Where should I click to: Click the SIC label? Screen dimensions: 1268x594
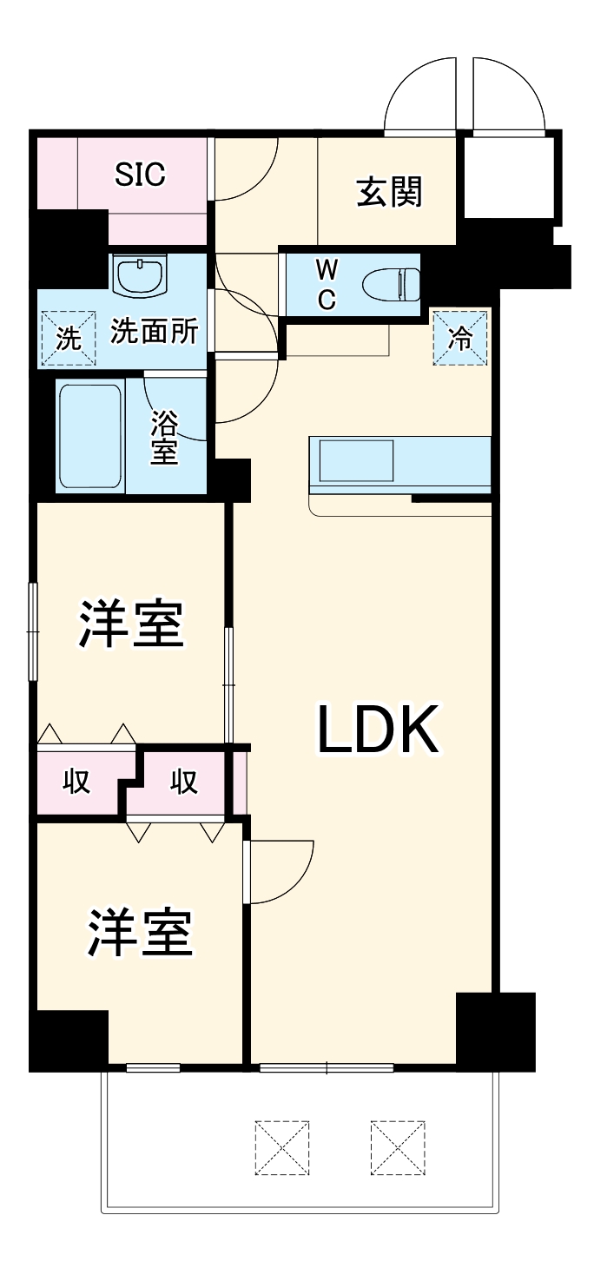(141, 175)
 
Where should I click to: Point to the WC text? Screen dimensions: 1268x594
(326, 284)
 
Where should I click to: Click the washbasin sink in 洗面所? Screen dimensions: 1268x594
(140, 276)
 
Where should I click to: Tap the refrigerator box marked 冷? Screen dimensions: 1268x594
(459, 337)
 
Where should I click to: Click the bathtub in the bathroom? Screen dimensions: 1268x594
(89, 437)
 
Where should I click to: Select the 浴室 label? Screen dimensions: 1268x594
(164, 438)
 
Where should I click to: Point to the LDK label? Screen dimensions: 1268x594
(375, 730)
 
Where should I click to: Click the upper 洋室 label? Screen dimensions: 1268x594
(131, 624)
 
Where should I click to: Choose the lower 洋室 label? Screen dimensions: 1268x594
(139, 932)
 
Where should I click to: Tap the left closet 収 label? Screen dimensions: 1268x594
(76, 783)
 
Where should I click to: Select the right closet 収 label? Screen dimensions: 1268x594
(184, 783)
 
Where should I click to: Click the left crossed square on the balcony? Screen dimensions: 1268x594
(282, 1148)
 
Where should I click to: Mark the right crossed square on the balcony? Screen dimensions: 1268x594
(397, 1148)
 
